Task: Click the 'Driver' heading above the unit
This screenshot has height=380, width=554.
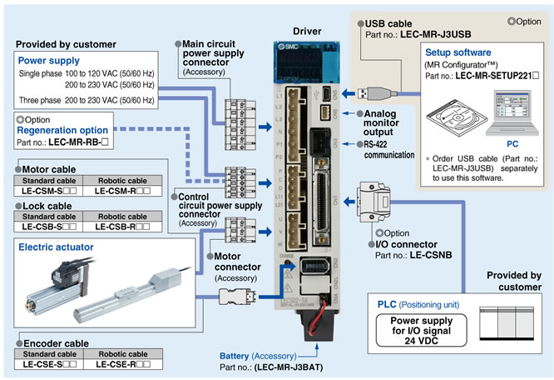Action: click(x=307, y=30)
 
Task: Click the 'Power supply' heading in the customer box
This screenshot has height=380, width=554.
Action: click(x=50, y=60)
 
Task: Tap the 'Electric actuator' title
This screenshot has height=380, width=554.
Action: click(x=57, y=247)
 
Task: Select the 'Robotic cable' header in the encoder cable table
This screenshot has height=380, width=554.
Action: click(x=124, y=353)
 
